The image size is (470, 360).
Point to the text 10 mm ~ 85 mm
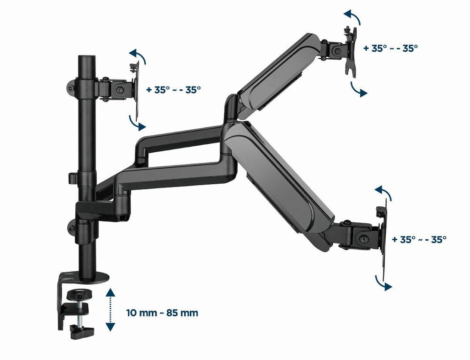click(x=162, y=313)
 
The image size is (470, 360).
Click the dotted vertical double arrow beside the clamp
click(x=110, y=310)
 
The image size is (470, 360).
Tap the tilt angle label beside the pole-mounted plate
click(x=173, y=89)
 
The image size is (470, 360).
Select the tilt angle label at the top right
click(x=391, y=47)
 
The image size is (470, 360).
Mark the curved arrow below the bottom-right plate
click(x=382, y=282)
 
